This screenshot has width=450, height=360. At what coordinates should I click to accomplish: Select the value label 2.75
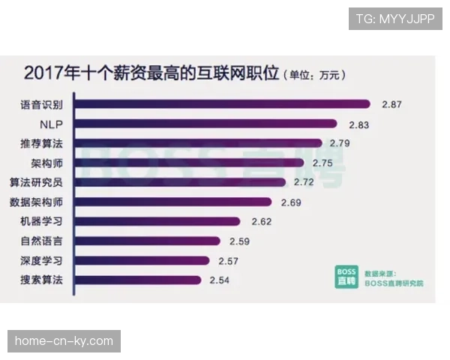pos(323,163)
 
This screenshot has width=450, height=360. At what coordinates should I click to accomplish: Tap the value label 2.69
pos(291,202)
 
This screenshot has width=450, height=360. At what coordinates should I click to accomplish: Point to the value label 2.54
pos(220,280)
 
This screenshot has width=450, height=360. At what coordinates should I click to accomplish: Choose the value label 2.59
pos(238,241)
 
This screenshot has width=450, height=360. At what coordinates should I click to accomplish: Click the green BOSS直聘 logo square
pos(346,276)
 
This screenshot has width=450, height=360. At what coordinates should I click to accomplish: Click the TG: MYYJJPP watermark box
pos(395,18)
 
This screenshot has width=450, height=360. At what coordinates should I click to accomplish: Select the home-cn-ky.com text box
pos(66,341)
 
